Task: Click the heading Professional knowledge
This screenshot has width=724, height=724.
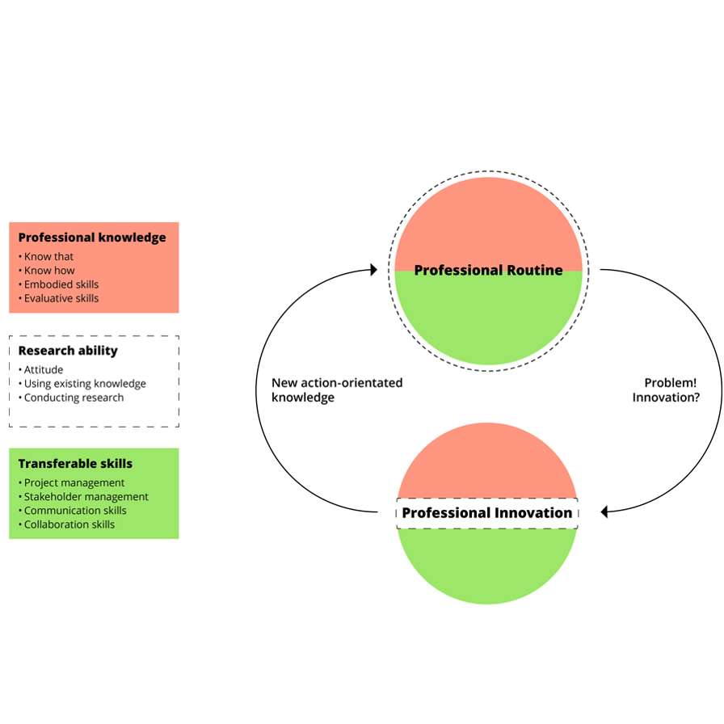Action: pyautogui.click(x=91, y=238)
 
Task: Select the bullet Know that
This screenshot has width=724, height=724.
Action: pyautogui.click(x=48, y=257)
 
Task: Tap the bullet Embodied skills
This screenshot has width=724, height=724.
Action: pyautogui.click(x=61, y=284)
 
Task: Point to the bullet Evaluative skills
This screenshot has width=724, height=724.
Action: pyautogui.click(x=61, y=298)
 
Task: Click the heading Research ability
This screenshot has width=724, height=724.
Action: pyautogui.click(x=68, y=351)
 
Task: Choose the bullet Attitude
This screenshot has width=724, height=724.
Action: pyautogui.click(x=44, y=370)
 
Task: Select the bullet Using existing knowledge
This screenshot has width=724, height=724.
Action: pyautogui.click(x=85, y=384)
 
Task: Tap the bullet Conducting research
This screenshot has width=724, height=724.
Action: pyautogui.click(x=74, y=398)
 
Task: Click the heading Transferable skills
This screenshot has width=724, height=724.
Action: pyautogui.click(x=75, y=464)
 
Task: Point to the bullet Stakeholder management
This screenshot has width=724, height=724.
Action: pyautogui.click(x=86, y=497)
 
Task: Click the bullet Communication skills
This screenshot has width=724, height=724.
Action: pyautogui.click(x=75, y=511)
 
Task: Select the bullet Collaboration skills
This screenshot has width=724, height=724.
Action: pyautogui.click(x=69, y=524)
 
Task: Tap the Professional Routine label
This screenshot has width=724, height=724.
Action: pyautogui.click(x=488, y=270)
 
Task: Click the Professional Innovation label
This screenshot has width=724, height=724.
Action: pyautogui.click(x=486, y=513)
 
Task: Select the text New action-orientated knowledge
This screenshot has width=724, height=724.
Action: pyautogui.click(x=336, y=390)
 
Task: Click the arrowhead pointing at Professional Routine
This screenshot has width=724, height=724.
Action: pyautogui.click(x=373, y=270)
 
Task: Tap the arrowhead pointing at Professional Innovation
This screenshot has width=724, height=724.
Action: pyautogui.click(x=604, y=511)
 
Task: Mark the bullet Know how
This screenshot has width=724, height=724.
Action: pyautogui.click(x=49, y=271)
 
